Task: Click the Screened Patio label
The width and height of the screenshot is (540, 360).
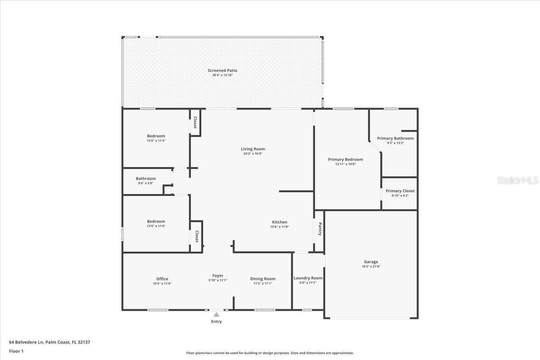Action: (x=222, y=71)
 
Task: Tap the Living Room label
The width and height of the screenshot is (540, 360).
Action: (x=252, y=149)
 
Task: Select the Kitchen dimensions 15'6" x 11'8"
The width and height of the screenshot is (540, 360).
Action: (x=279, y=227)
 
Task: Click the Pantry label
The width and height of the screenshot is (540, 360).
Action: (x=320, y=229)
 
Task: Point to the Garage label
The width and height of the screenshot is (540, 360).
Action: (x=371, y=262)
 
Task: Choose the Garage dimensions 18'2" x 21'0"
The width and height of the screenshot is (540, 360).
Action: (x=371, y=266)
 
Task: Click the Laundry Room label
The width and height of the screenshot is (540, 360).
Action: (x=308, y=278)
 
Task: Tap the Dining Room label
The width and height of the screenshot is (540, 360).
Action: (x=262, y=279)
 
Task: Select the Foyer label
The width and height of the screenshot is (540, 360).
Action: (x=218, y=276)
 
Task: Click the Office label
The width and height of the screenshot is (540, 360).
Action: (x=162, y=279)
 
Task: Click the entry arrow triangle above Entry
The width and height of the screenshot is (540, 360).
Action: (x=216, y=315)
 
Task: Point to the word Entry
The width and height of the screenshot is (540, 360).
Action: (x=216, y=322)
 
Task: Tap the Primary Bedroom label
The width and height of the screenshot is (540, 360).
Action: (x=345, y=159)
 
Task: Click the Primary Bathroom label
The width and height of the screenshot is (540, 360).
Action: (x=395, y=139)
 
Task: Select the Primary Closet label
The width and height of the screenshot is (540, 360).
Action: (x=400, y=191)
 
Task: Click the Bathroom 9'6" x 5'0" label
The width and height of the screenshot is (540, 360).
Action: (x=146, y=179)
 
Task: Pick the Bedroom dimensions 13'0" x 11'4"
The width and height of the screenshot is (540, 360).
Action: (x=156, y=141)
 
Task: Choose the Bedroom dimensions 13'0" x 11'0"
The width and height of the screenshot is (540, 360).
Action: (x=156, y=226)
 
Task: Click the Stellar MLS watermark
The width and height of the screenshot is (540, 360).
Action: (x=517, y=180)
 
